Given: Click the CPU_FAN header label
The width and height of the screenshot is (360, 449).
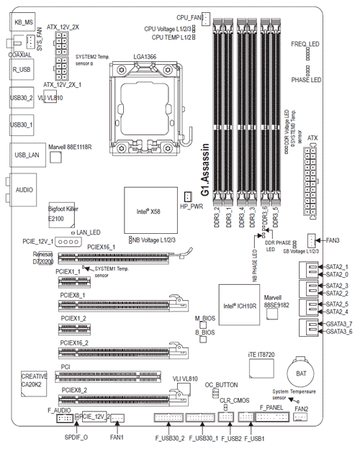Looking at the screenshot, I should (189, 15).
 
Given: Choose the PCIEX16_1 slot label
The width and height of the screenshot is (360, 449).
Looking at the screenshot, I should (102, 246).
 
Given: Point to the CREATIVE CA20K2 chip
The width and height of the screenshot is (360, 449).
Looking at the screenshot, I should (35, 381).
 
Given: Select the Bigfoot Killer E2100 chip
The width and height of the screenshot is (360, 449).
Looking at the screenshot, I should (61, 209).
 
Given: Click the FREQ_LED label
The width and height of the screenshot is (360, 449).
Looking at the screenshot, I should (305, 44).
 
